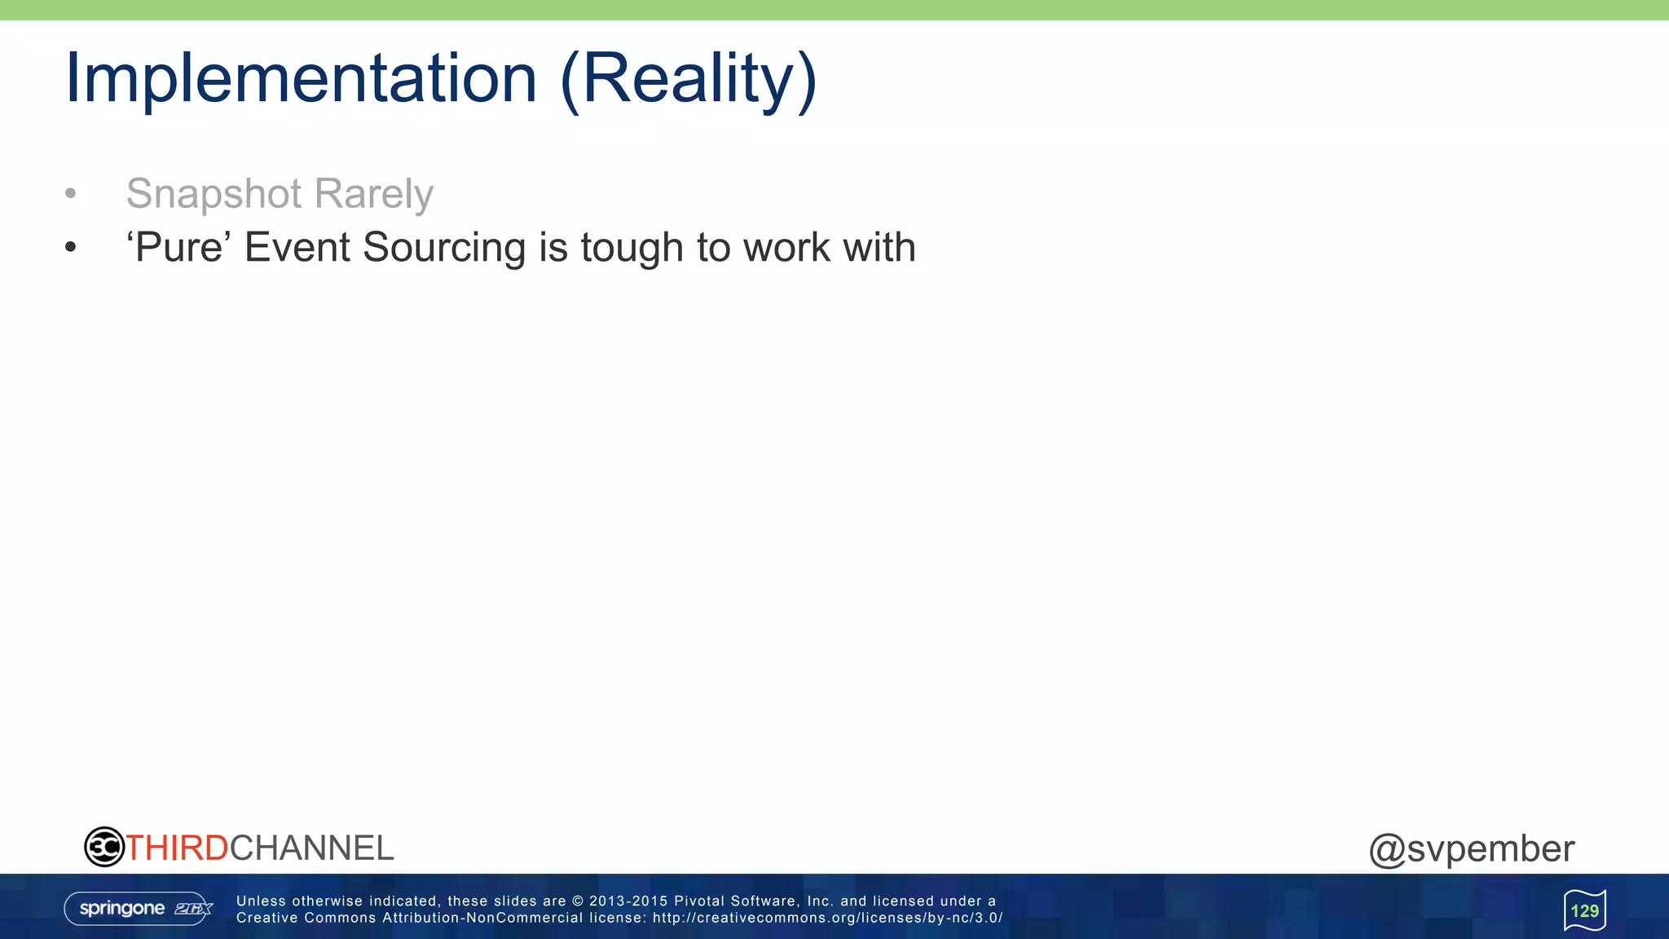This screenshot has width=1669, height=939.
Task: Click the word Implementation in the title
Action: pyautogui.click(x=301, y=78)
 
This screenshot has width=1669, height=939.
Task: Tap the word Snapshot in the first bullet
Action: pyautogui.click(x=214, y=194)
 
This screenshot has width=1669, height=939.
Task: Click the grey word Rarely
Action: pyautogui.click(x=373, y=194)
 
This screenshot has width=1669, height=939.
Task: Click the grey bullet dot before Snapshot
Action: pyautogui.click(x=71, y=194)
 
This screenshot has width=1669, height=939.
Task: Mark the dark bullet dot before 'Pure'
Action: pyautogui.click(x=71, y=247)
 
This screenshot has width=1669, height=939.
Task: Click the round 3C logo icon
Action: pyautogui.click(x=104, y=847)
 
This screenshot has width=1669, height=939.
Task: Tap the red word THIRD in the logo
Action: pyautogui.click(x=177, y=848)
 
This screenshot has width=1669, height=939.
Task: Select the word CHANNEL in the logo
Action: pyautogui.click(x=312, y=848)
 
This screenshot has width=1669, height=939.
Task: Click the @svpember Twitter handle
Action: pyautogui.click(x=1471, y=849)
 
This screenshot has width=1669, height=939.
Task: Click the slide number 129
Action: pyautogui.click(x=1584, y=910)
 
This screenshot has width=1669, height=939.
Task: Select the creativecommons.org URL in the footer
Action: pyautogui.click(x=827, y=918)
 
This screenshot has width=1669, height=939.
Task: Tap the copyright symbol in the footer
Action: pyautogui.click(x=578, y=901)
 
